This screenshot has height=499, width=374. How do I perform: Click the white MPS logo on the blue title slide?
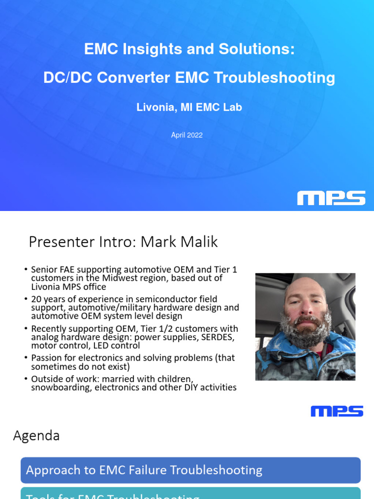[331, 198]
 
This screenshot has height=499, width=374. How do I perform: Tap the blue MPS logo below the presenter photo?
[337, 411]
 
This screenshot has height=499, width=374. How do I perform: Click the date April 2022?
[187, 135]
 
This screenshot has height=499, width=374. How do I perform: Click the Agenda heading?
[37, 436]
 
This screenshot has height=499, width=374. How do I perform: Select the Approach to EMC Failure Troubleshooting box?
[190, 470]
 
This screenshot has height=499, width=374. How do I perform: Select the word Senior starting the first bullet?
[44, 269]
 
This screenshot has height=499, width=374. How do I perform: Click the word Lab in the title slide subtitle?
[232, 108]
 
